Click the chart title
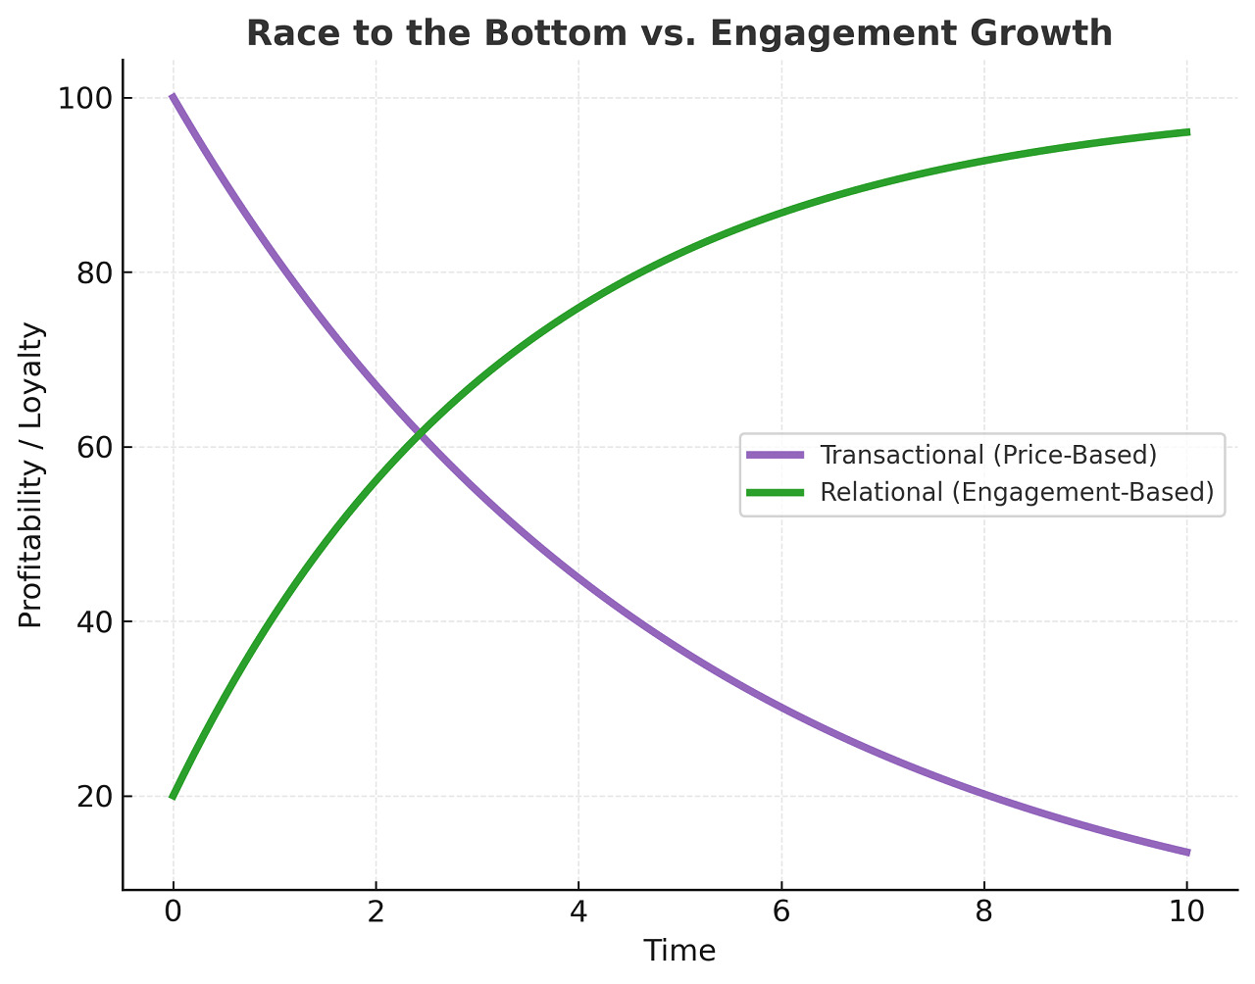coord(678,33)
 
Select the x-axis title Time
coord(679,951)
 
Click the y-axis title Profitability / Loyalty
coord(31,475)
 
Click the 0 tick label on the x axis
coord(174,912)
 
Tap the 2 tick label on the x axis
coord(376,912)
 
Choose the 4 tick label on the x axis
coord(578,912)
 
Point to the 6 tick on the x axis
coord(781,912)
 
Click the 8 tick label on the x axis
coord(984,912)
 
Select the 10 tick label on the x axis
coord(1187,912)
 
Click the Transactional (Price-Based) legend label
coord(988,456)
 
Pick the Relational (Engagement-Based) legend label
coord(1017,492)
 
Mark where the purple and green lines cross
coord(420,432)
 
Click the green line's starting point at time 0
coord(174,796)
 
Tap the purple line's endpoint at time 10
coord(1187,852)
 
